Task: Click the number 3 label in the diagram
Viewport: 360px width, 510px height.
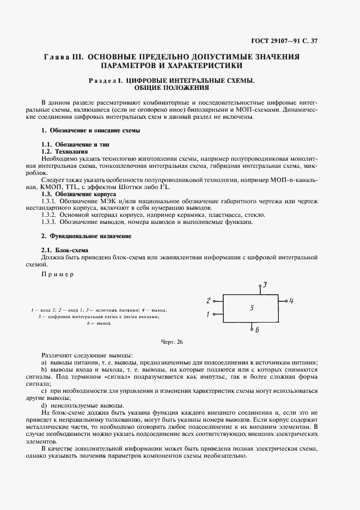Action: pyautogui.click(x=265, y=285)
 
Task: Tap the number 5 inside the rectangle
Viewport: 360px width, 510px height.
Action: pyautogui.click(x=252, y=308)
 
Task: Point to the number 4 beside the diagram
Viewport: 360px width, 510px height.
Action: pyautogui.click(x=292, y=301)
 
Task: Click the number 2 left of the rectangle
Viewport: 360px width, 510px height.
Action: pyautogui.click(x=208, y=301)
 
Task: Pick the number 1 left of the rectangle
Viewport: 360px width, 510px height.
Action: pyautogui.click(x=208, y=314)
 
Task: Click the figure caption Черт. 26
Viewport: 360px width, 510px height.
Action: pyautogui.click(x=172, y=342)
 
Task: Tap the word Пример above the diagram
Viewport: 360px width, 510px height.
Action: pyautogui.click(x=57, y=274)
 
